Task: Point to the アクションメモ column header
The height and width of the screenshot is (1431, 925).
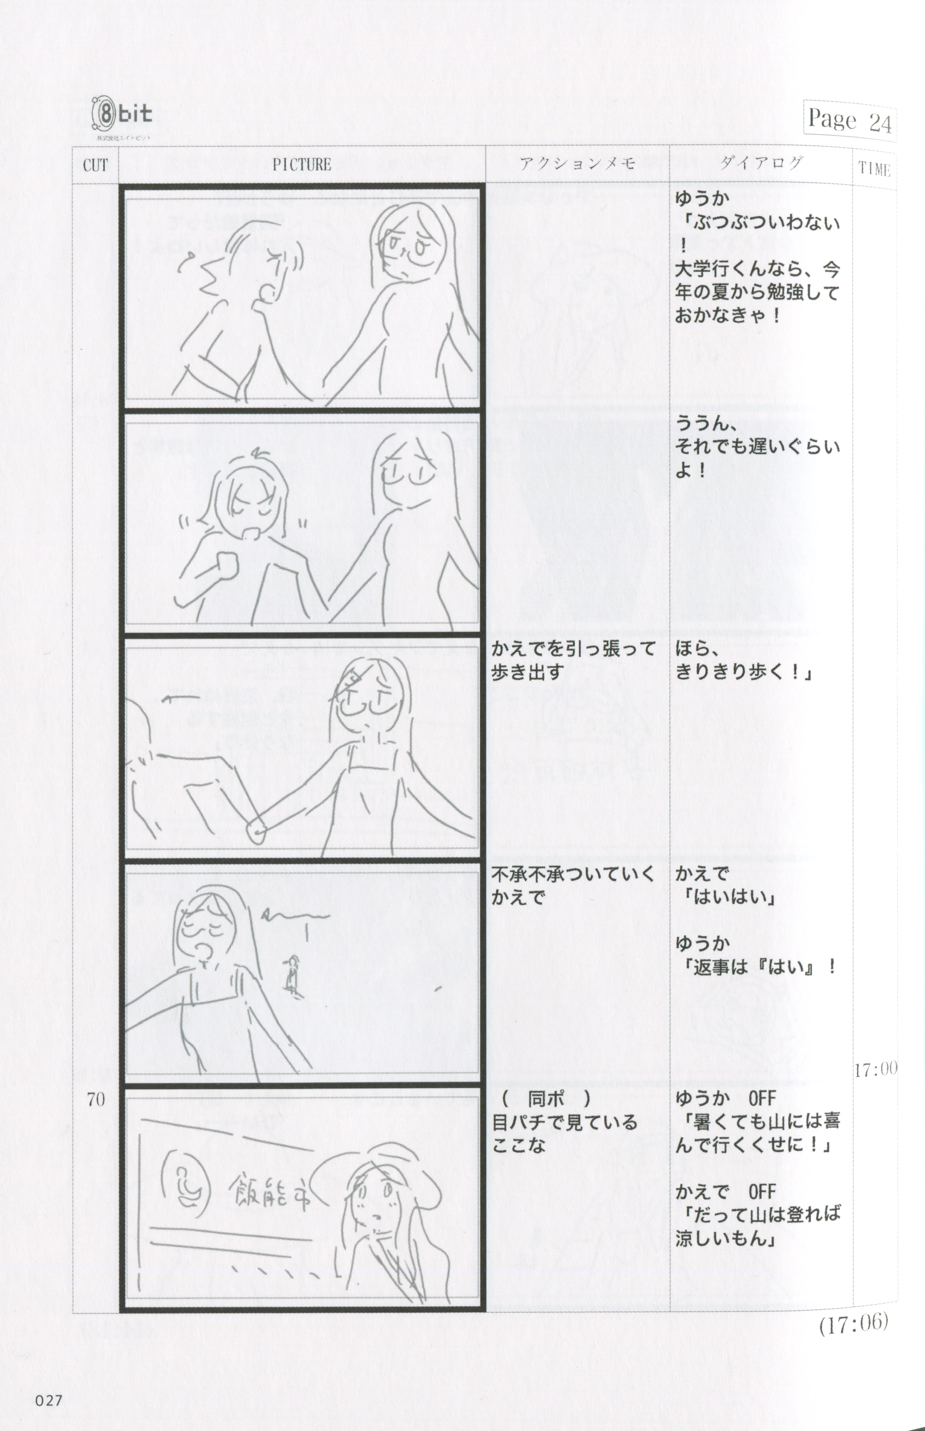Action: click(577, 163)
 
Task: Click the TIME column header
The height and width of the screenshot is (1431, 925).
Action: click(874, 169)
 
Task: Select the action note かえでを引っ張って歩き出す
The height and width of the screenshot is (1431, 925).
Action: click(573, 660)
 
